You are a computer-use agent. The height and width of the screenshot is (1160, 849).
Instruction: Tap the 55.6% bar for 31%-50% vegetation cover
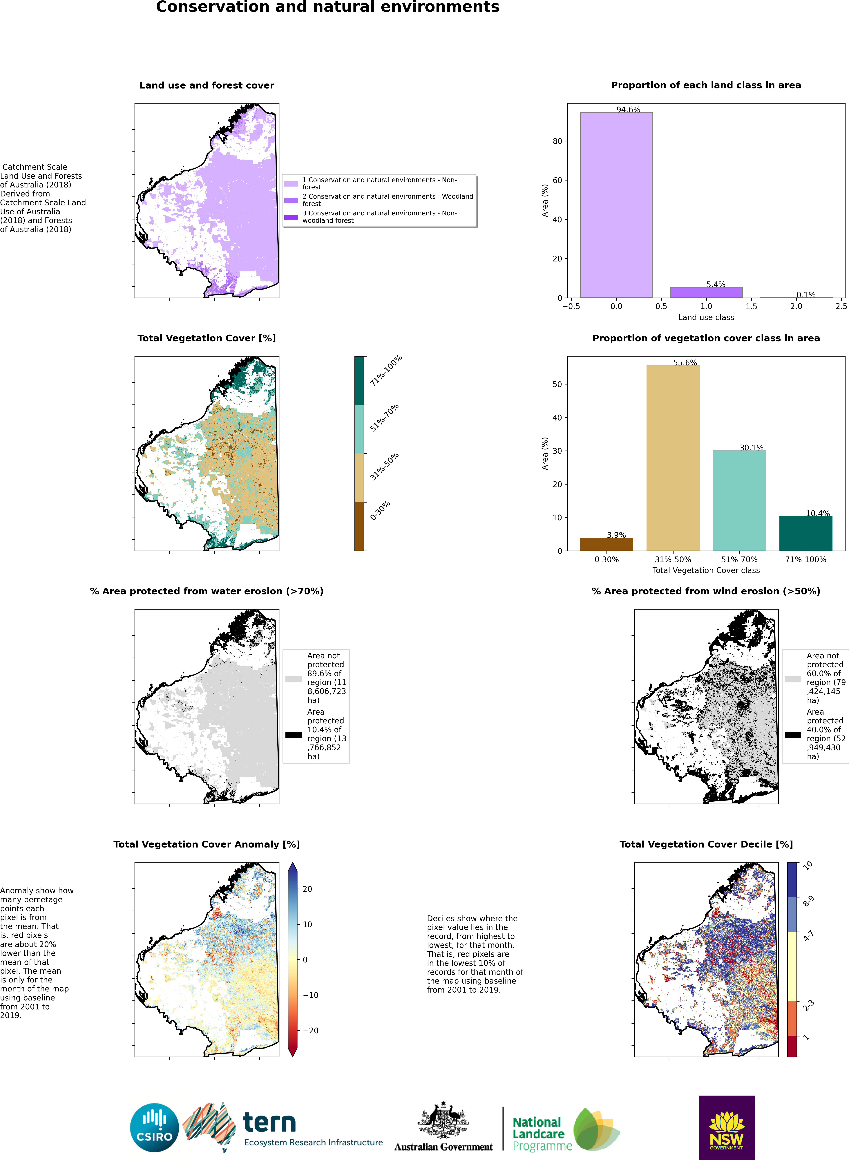point(673,457)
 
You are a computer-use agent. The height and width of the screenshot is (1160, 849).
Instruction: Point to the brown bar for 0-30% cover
point(607,544)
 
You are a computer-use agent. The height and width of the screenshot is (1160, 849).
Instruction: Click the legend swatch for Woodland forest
point(291,200)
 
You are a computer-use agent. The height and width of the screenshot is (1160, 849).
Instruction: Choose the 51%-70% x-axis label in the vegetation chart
point(739,559)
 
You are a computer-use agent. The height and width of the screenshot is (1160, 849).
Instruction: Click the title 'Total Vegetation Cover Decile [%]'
point(706,844)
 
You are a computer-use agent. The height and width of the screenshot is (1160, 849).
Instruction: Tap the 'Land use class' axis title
point(706,317)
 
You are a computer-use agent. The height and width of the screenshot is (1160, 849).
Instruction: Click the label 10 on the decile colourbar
point(808,866)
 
